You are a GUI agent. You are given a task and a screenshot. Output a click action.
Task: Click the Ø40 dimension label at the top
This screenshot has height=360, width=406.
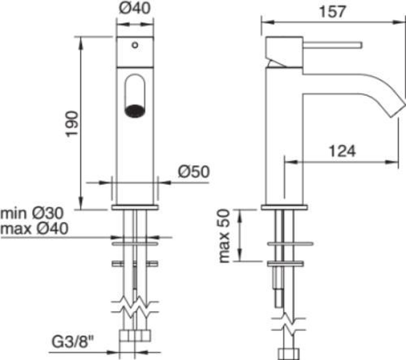(x=135, y=8)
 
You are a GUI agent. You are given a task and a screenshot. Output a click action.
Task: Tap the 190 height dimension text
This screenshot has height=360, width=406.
(x=72, y=124)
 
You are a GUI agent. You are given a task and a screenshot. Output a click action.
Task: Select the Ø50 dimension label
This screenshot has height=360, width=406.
(x=194, y=172)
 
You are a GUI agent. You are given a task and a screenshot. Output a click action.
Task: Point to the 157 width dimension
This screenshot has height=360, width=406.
(x=333, y=11)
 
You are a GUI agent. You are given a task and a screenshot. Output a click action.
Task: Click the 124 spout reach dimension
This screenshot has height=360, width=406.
(x=342, y=151)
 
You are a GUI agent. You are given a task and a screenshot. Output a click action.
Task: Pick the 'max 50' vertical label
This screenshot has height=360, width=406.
(x=224, y=236)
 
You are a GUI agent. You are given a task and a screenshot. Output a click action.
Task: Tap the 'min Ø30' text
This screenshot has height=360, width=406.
(x=32, y=213)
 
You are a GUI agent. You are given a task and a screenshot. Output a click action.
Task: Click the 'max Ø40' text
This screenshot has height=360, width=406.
(x=34, y=229)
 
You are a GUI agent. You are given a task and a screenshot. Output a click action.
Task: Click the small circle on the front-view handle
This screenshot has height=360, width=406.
(x=135, y=45)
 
